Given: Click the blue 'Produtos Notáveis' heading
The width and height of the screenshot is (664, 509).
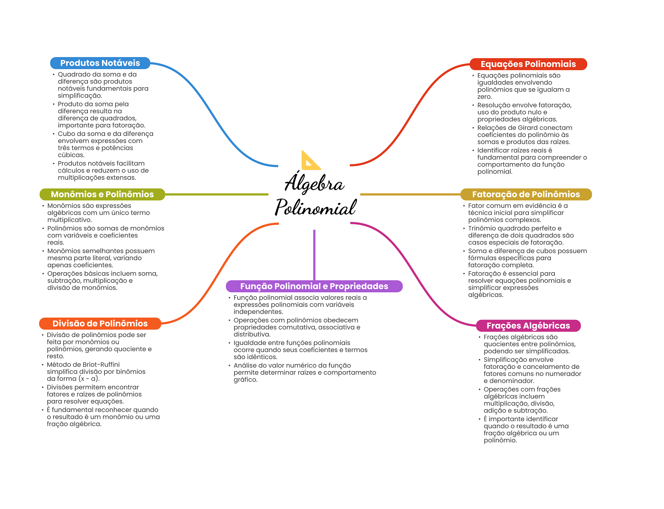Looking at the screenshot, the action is (x=100, y=63).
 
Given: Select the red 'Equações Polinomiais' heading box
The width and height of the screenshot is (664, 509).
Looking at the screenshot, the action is (x=528, y=64).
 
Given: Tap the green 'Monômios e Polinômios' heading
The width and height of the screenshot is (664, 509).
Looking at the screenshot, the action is (x=102, y=194).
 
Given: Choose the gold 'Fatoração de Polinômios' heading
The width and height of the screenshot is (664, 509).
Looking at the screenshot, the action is (x=526, y=194).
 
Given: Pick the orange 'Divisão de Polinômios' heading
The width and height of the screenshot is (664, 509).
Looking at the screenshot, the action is (x=100, y=323).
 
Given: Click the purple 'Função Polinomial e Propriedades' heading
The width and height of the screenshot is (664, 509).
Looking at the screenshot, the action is (x=314, y=286).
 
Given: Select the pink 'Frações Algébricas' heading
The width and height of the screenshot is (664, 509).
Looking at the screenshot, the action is (x=528, y=326).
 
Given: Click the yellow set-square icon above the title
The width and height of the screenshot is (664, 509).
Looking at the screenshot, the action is (x=311, y=160).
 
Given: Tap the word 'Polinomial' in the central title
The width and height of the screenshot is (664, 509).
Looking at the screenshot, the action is (x=315, y=207).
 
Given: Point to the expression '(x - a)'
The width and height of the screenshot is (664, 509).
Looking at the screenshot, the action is (x=88, y=379).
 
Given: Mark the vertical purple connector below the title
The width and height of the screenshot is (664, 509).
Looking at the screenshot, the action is (x=314, y=255).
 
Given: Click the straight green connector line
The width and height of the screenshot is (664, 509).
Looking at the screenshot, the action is (x=217, y=194).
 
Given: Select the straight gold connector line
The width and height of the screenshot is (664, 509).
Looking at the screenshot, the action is (x=410, y=194).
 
